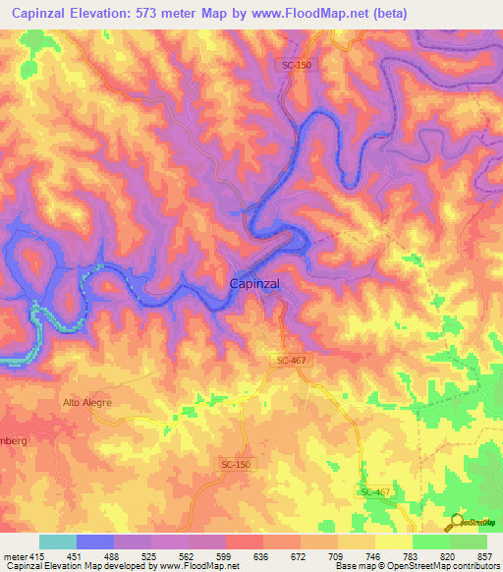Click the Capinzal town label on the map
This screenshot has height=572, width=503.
pyautogui.click(x=254, y=283)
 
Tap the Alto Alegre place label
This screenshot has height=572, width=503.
pyautogui.click(x=87, y=403)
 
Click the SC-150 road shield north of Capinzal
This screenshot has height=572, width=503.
pyautogui.click(x=296, y=65)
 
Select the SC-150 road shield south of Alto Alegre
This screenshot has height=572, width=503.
pyautogui.click(x=236, y=464)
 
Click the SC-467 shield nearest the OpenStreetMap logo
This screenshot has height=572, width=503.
pyautogui.click(x=375, y=490)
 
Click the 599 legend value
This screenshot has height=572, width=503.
pyautogui.click(x=223, y=556)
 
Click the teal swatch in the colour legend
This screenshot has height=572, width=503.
pyautogui.click(x=58, y=542)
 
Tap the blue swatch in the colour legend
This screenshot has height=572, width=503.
pyautogui.click(x=95, y=542)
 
